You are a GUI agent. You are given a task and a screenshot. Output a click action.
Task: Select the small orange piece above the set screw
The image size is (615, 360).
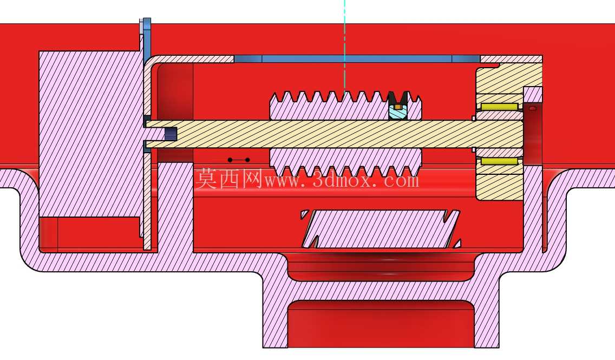398,106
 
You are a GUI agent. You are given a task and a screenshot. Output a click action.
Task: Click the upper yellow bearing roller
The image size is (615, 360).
499,107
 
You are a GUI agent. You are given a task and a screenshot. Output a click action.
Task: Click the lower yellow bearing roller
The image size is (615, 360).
499,161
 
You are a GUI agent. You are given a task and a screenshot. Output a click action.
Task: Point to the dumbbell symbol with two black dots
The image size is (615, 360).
239,160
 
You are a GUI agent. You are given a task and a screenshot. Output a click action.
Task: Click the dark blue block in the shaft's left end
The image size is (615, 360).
171,134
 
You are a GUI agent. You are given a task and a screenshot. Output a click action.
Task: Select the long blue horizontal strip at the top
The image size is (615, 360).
357,59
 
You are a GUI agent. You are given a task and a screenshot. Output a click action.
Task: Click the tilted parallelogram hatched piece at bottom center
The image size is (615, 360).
381,229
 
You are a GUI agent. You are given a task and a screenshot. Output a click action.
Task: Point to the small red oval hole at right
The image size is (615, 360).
533,108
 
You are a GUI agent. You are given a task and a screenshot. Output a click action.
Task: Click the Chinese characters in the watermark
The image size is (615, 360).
228,179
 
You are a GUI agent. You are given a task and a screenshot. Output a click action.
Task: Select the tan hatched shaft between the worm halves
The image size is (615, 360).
333,134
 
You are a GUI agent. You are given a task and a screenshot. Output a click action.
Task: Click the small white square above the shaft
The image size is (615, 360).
474,118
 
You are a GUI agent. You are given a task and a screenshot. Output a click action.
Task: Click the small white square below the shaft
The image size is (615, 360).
474,150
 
